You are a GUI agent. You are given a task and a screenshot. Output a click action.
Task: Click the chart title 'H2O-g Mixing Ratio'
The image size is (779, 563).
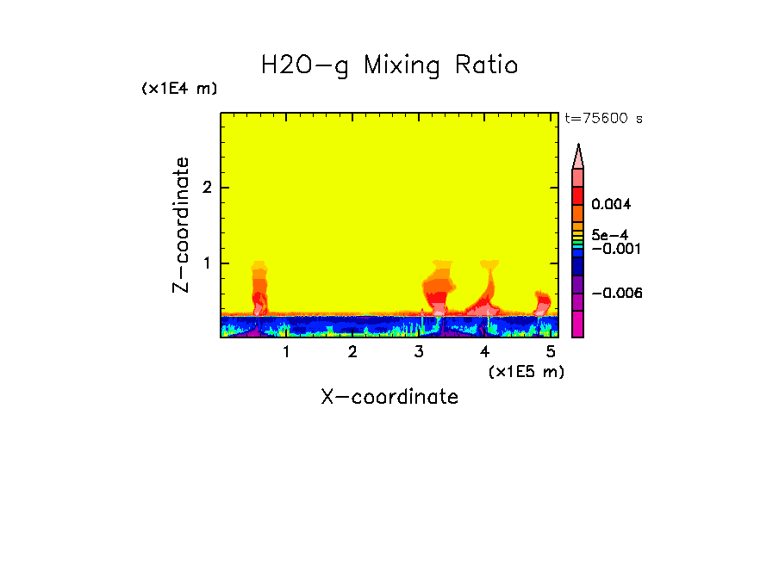389,65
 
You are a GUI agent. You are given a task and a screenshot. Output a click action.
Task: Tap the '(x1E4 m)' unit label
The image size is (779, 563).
179,89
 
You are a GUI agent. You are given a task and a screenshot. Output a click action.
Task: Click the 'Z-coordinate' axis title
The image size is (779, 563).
181,225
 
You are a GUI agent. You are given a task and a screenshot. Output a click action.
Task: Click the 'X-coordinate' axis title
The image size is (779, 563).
389,397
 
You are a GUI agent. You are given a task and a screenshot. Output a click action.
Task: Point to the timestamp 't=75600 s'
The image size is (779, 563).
603,119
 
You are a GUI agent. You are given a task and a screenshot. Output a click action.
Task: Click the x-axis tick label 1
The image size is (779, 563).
286,352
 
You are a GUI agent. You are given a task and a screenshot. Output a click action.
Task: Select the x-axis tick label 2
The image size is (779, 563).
352,352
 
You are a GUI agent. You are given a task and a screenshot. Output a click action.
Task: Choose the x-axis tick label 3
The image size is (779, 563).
419,352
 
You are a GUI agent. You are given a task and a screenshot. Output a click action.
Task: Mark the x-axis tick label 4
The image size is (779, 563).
484,352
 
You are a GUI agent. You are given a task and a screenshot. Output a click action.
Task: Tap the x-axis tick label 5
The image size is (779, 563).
551,352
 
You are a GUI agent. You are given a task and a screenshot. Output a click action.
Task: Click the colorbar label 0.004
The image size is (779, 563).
611,205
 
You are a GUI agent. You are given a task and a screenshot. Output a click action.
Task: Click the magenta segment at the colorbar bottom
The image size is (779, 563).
578,325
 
